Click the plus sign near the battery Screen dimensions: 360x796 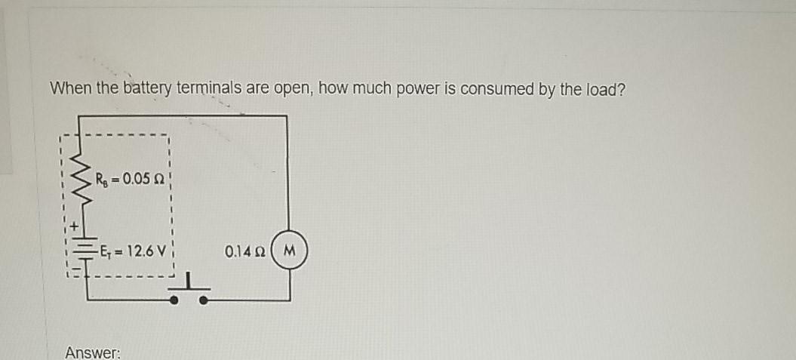tap(75, 225)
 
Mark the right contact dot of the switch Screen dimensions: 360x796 tap(204, 300)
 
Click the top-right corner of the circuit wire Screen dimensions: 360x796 tap(287, 115)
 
